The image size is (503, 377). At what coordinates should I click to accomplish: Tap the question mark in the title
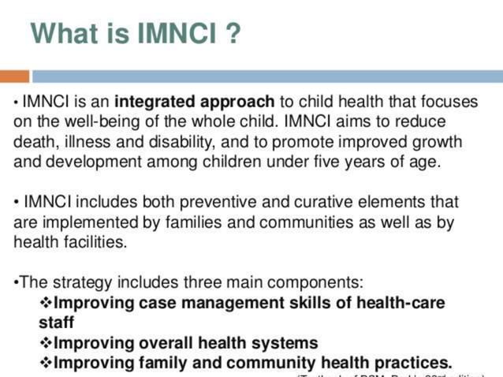232,33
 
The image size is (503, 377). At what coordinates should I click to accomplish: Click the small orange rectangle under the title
14,77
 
